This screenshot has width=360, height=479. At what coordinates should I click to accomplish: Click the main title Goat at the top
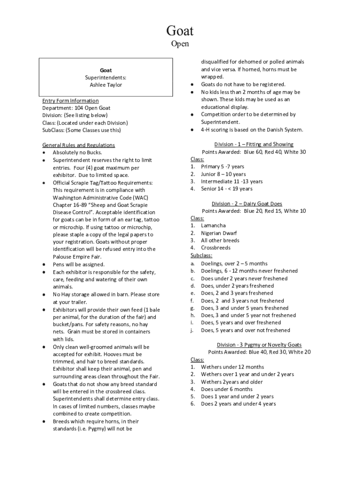pos(180,31)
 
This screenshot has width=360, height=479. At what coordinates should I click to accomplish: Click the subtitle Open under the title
pos(180,44)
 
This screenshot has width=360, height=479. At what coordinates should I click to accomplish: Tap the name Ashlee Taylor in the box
pos(106,85)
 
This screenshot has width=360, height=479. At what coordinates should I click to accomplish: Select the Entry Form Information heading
pos(71,101)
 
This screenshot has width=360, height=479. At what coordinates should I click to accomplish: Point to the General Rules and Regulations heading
pos(79,145)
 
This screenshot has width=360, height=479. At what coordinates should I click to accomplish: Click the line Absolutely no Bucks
pos(77,152)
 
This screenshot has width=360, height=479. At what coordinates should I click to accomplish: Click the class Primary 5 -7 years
pos(223,167)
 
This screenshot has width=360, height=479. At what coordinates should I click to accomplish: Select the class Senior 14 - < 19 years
pos(226,189)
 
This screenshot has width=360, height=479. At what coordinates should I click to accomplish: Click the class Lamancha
pos(213,225)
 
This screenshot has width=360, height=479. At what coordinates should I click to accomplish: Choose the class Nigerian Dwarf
pos(219,233)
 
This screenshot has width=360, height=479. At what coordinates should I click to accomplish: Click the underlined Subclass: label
pos(202,255)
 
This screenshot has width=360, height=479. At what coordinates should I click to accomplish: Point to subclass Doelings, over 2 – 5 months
pos(234,263)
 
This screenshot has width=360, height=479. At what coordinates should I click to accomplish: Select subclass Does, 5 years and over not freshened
pos(245,330)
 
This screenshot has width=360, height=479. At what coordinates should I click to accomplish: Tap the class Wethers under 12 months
pos(232,367)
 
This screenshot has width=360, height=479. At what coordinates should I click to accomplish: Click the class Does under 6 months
pos(227,389)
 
